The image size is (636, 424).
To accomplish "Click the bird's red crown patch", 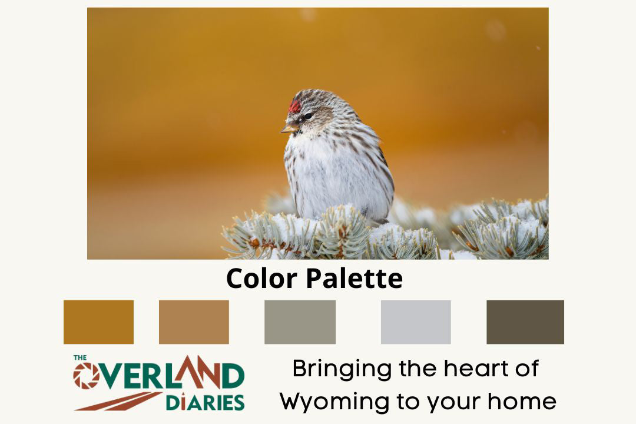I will (294, 106).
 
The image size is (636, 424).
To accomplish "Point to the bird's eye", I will (308, 117).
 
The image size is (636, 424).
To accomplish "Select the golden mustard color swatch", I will (98, 322).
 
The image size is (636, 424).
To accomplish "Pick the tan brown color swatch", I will (194, 322).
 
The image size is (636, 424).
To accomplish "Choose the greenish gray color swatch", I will (300, 322).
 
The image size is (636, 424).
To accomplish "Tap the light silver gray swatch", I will (416, 322).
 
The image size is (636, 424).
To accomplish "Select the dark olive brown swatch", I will (525, 322).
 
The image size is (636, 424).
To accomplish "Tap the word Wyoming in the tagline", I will (336, 402).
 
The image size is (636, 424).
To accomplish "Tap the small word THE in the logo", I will (80, 357).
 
